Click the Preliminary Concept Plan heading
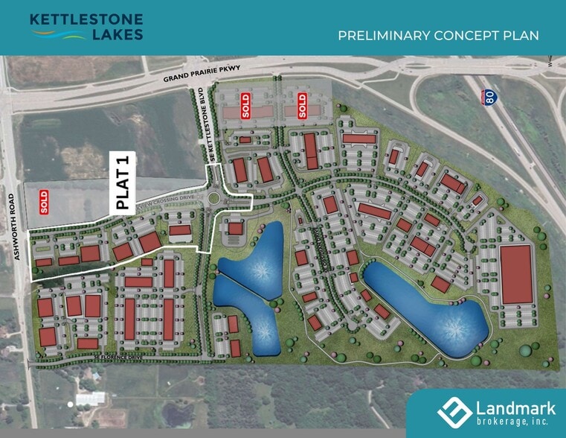[x=437, y=35]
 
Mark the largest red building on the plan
[x=516, y=273]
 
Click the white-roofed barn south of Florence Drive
[x=91, y=399]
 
